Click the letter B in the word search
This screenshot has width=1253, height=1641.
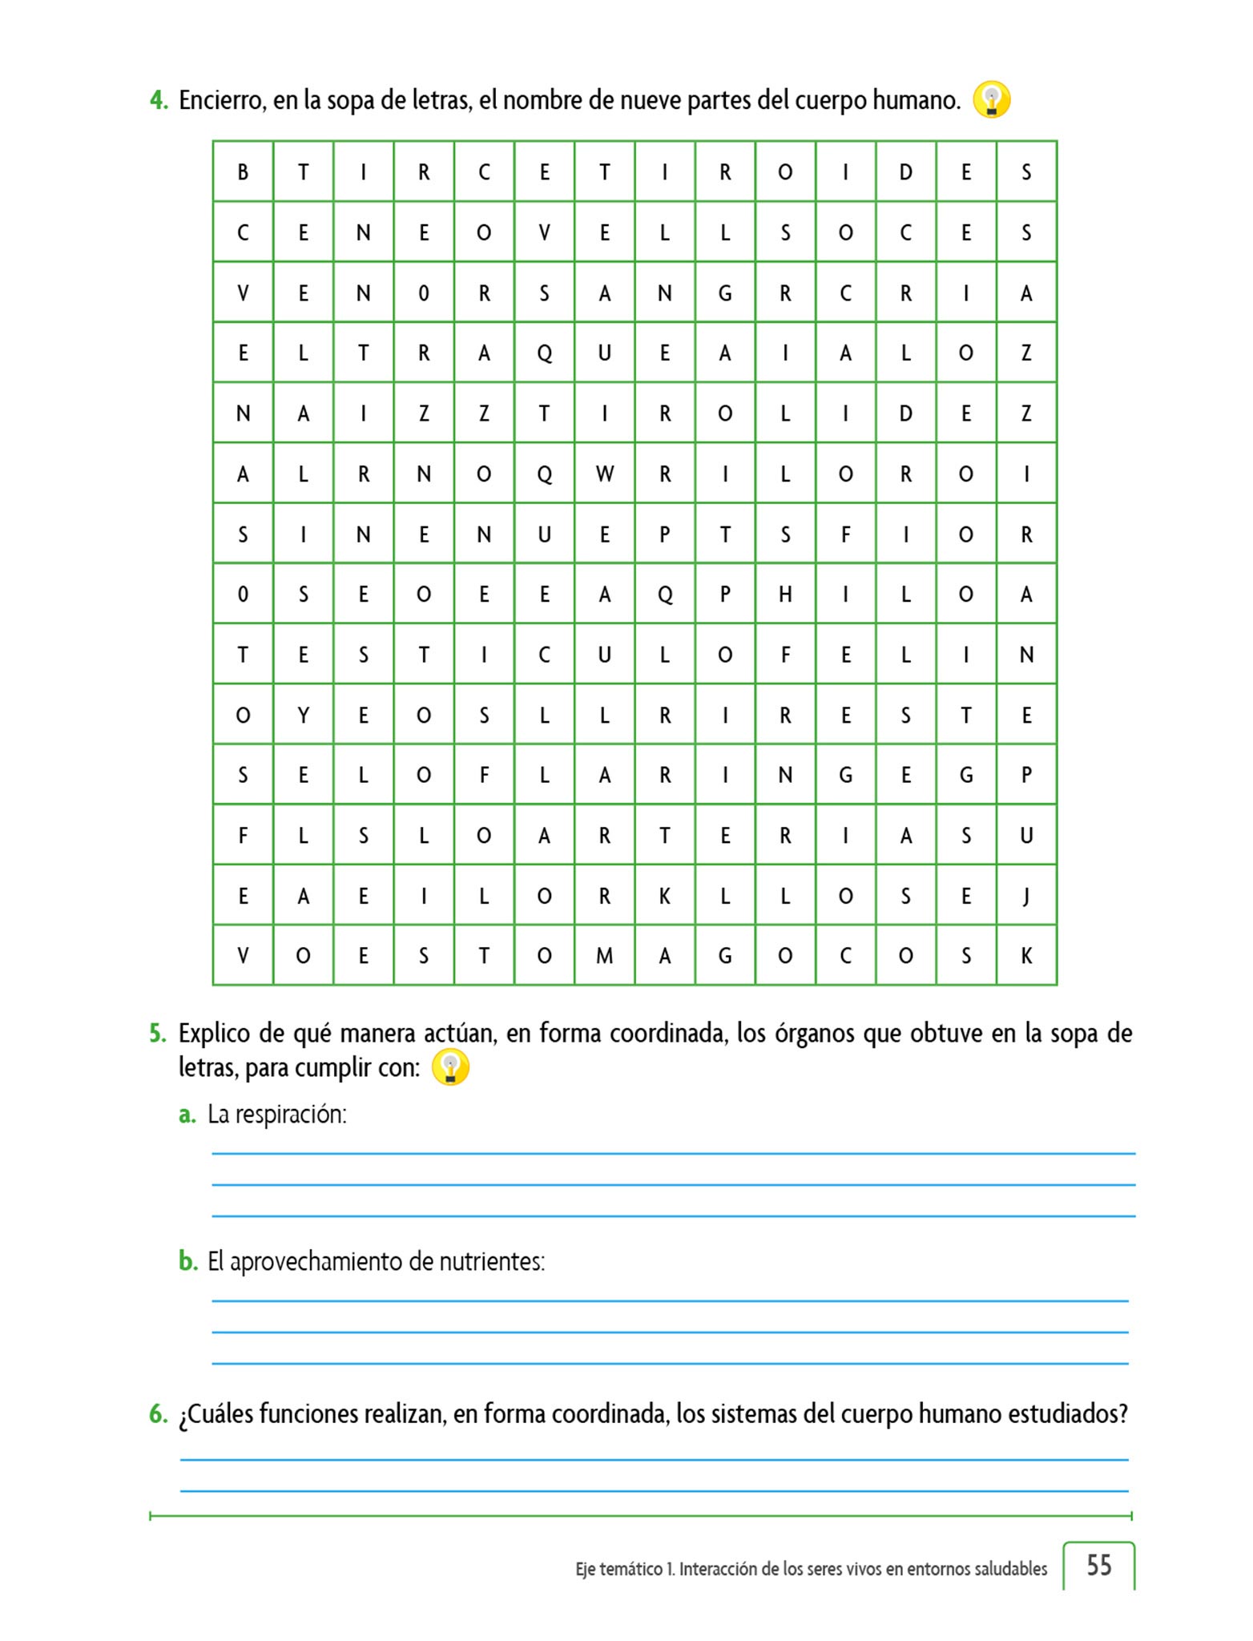243,171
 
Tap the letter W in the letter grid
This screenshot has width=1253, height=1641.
605,474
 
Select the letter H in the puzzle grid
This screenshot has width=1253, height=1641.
785,594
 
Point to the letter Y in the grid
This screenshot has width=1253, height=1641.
303,715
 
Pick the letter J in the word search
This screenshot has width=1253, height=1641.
1026,895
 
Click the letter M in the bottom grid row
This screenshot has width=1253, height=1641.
605,955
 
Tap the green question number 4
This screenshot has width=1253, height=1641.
158,100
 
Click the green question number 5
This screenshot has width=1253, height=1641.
157,1034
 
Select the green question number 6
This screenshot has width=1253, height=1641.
158,1413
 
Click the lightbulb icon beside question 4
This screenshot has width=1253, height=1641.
991,100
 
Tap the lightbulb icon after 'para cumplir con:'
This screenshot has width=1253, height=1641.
450,1067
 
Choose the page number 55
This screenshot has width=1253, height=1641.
1098,1565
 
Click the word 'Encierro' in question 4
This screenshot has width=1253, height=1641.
222,100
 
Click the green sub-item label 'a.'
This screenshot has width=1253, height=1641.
187,1114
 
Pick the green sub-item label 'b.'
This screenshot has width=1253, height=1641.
187,1261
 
